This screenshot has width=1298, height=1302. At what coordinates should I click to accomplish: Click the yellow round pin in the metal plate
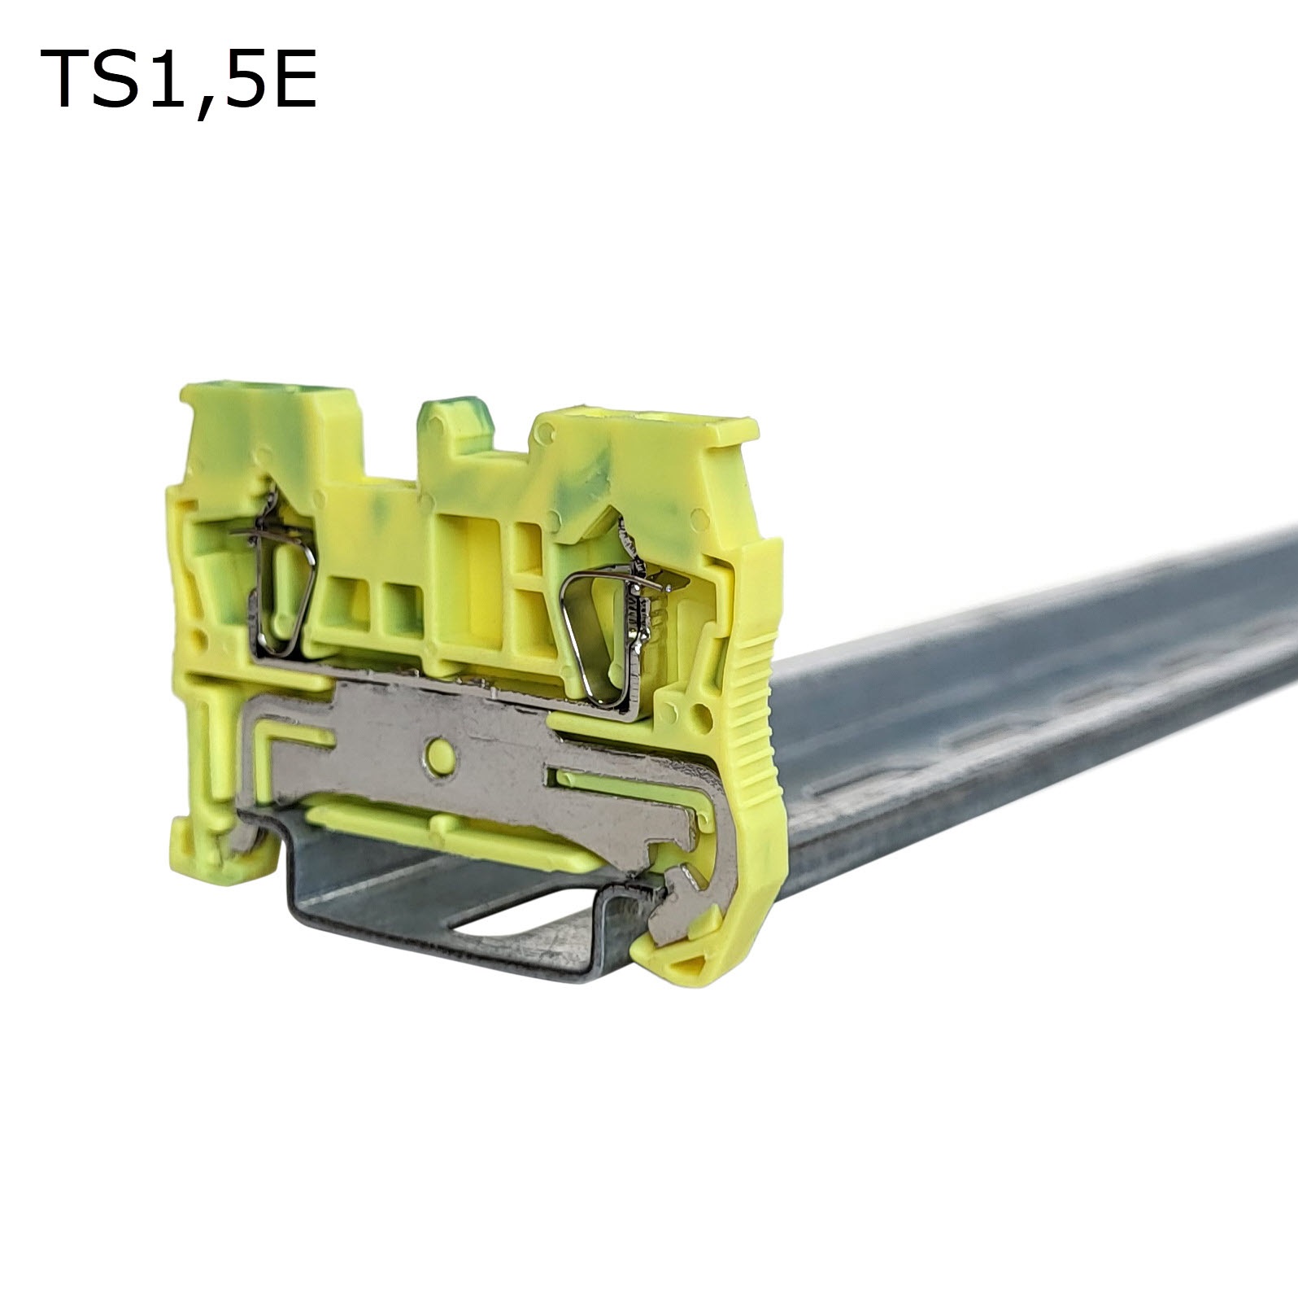coord(438,754)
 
